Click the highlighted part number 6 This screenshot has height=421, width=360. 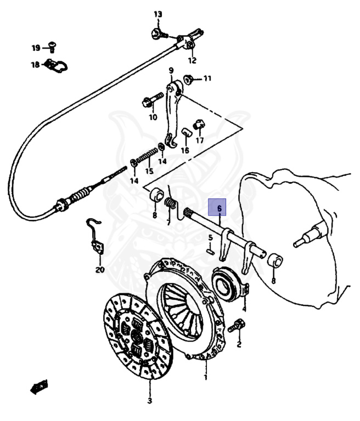coord(219,209)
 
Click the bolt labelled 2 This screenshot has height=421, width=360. coord(238,325)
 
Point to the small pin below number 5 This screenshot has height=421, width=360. coord(210,252)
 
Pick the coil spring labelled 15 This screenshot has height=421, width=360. coord(147,158)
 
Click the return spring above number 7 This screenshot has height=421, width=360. coord(170,202)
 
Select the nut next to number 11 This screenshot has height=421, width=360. coord(188,79)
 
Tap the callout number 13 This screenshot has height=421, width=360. coord(158,14)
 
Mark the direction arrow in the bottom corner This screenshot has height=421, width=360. coord(40,388)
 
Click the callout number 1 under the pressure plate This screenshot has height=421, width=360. coord(206,378)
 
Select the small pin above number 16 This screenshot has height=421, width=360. coord(185,133)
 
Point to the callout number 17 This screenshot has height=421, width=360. coord(200,140)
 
